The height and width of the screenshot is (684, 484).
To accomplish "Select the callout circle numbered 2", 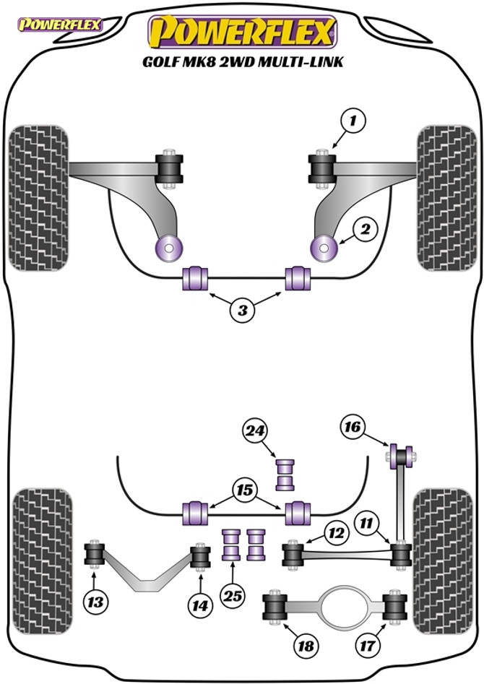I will coord(366,230).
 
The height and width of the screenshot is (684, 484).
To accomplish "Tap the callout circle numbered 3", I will coord(243,311).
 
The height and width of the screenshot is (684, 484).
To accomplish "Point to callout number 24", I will coord(254,432).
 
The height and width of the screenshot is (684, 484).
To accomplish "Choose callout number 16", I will coord(353,428).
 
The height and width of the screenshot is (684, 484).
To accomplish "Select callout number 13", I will coord(95,601).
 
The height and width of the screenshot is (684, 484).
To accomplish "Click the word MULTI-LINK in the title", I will coord(303,61).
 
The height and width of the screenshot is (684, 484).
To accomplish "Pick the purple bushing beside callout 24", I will coord(287,474).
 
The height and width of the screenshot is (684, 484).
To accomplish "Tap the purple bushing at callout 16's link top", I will coord(400,456).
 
